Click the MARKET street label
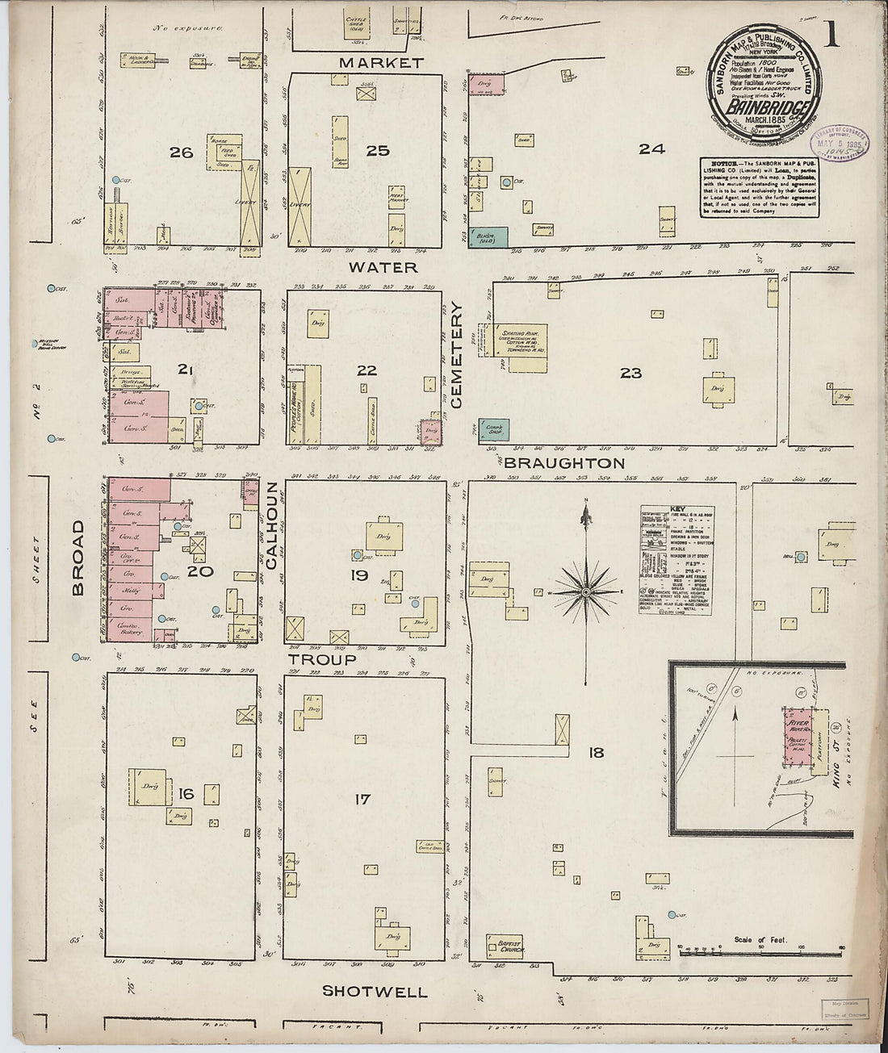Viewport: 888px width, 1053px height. [x=380, y=63]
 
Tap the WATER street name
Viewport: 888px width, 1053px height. [x=383, y=267]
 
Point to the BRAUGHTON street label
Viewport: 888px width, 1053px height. [x=564, y=463]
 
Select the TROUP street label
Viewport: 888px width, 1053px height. [x=323, y=659]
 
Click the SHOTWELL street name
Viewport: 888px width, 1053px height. [x=375, y=992]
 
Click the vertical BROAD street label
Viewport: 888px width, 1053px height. [x=78, y=558]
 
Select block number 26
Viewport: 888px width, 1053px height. [x=181, y=152]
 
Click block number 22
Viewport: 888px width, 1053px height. [x=367, y=370]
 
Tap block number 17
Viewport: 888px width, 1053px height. [x=362, y=799]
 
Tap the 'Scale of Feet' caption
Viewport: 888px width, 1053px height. [x=761, y=940]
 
